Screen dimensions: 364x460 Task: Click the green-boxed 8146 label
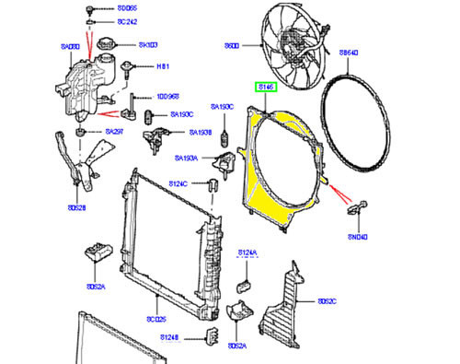click(266, 89)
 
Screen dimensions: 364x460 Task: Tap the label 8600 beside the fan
click(232, 44)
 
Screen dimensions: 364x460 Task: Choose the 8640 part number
click(349, 53)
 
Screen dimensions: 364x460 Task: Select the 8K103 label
click(148, 44)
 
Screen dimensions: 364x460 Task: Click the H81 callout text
click(163, 66)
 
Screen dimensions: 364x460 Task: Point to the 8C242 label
click(127, 20)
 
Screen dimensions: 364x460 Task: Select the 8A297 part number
click(114, 132)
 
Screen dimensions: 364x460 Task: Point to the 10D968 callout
click(167, 97)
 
